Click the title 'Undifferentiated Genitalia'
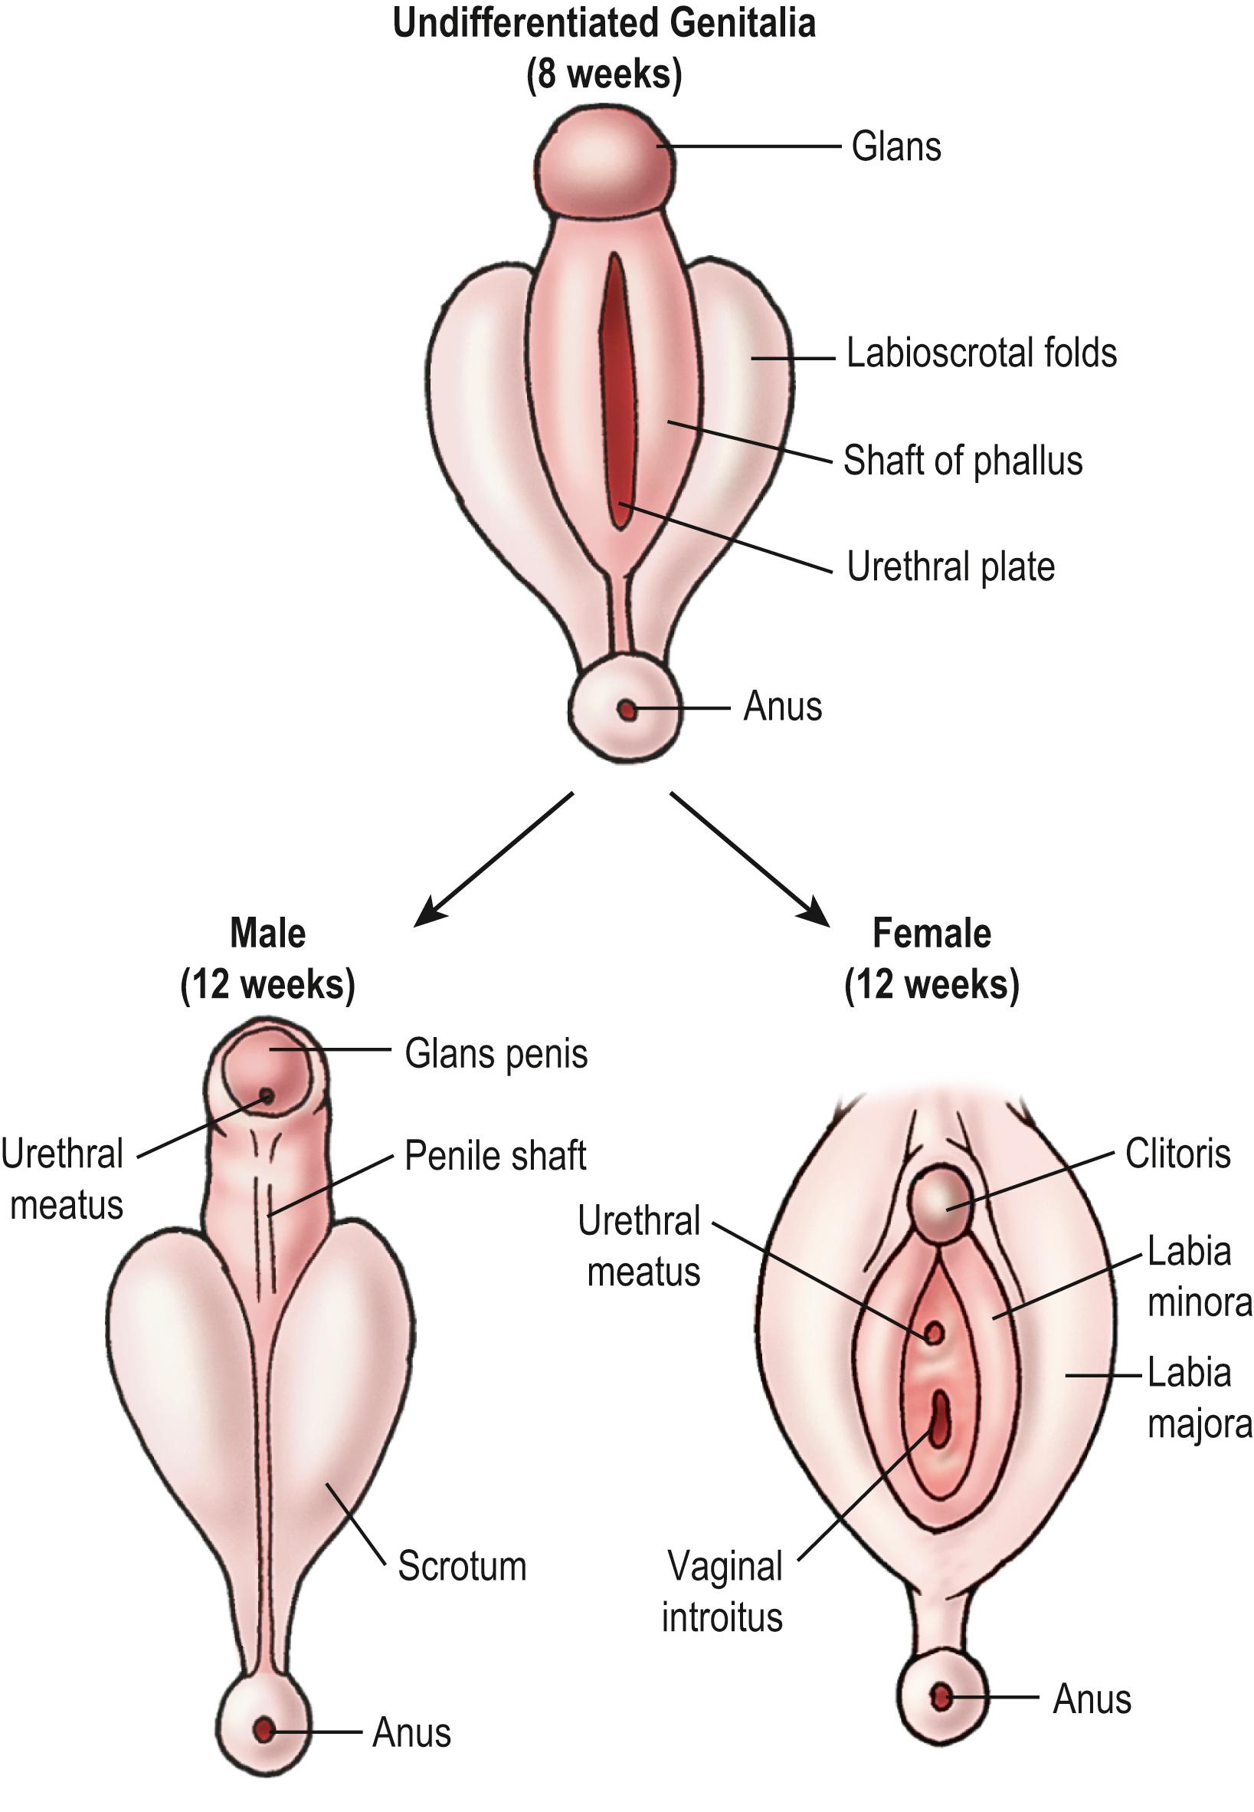[x=604, y=24]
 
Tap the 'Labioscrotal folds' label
[x=981, y=353]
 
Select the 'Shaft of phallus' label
[x=962, y=461]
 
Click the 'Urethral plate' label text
[x=950, y=566]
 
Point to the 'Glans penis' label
[x=496, y=1054]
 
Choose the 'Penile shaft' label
[x=495, y=1156]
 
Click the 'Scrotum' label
[x=462, y=1565]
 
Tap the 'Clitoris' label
[x=1177, y=1154]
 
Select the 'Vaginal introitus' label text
[x=723, y=1592]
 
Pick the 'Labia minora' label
[x=1197, y=1277]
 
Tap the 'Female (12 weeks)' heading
[x=931, y=959]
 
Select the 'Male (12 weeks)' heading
[x=268, y=959]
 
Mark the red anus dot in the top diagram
[x=626, y=710]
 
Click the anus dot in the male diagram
[x=264, y=1729]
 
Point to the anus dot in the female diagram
[x=941, y=1697]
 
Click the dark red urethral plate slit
[x=617, y=393]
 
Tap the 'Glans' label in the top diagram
[x=895, y=147]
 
